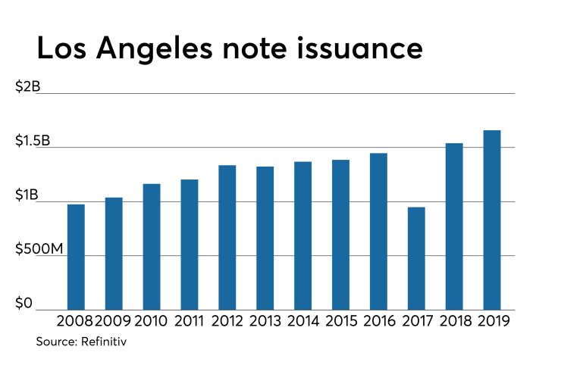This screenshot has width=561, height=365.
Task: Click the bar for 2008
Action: (76, 257)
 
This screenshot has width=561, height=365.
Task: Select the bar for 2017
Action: (416, 258)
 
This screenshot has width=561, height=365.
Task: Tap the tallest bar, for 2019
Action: (492, 220)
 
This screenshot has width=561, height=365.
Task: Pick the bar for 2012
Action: (227, 237)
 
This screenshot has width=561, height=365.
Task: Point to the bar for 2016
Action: (378, 231)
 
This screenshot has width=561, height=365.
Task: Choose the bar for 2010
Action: (152, 246)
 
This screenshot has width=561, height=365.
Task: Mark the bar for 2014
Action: (302, 236)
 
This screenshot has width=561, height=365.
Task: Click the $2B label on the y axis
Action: (27, 87)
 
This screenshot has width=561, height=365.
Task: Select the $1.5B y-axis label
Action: (32, 142)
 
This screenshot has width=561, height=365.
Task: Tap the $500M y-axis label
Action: (39, 249)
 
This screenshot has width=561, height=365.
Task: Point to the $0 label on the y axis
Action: (24, 303)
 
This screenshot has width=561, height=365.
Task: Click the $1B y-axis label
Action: (27, 195)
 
